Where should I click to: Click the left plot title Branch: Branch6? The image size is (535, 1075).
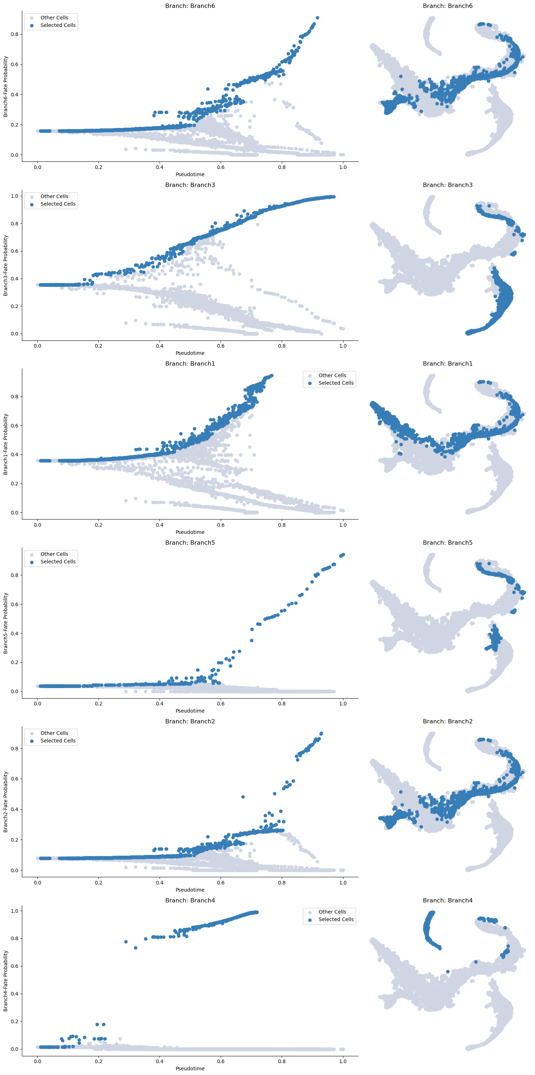tap(190, 6)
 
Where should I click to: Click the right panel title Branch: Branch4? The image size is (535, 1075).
tap(447, 900)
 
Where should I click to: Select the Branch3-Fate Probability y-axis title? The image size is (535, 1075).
tap(5, 265)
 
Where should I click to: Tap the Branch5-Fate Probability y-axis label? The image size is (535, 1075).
tap(5, 623)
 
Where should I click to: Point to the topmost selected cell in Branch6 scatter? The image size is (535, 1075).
tap(317, 18)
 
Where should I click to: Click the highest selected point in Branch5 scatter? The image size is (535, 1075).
tap(343, 555)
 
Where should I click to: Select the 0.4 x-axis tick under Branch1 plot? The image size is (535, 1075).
tap(160, 525)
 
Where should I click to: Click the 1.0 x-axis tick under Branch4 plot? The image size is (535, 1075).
tap(343, 1061)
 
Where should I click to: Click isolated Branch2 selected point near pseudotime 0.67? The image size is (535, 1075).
tap(243, 797)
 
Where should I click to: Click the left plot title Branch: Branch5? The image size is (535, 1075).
tap(190, 543)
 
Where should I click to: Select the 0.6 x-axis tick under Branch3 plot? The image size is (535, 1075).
tap(221, 346)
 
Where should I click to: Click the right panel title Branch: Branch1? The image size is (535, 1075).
tap(447, 363)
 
